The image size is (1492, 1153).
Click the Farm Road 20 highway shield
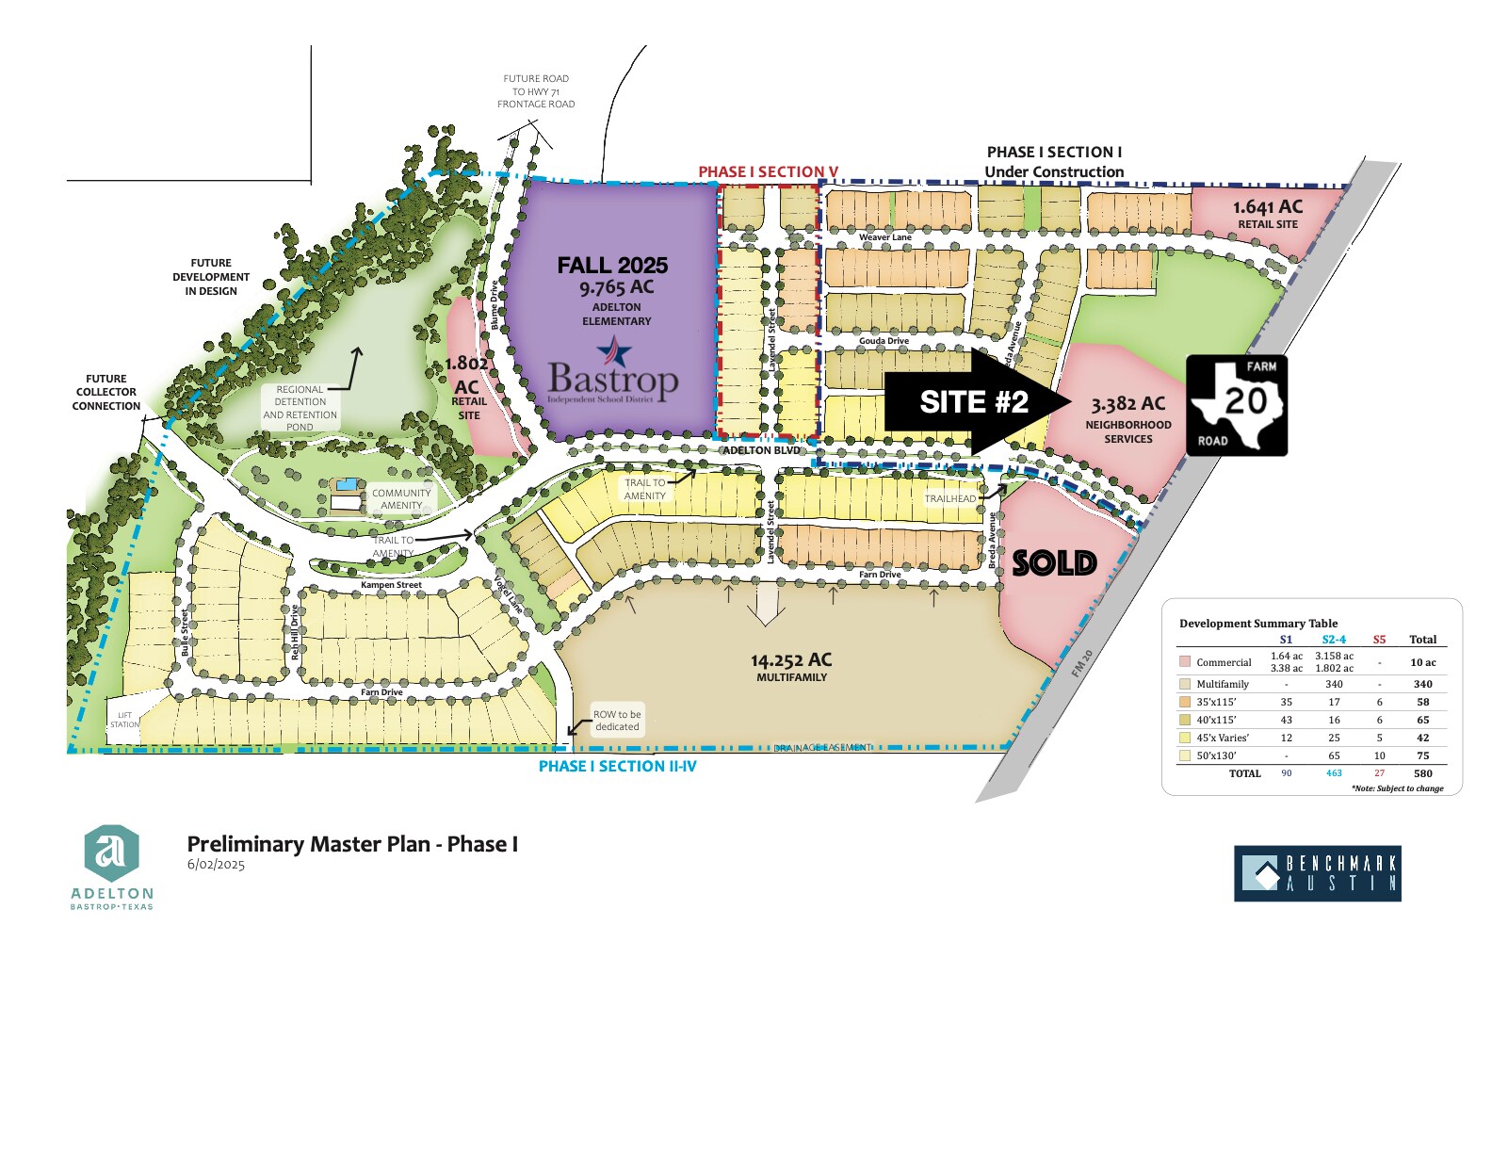point(1237,405)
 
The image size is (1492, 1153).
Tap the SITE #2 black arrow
point(975,402)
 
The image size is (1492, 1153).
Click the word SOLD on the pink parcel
point(1054,563)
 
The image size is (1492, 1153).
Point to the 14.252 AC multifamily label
point(791,666)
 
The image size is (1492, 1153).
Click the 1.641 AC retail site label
point(1268,213)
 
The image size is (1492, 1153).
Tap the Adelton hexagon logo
point(112,853)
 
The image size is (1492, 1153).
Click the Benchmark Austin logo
point(1317,873)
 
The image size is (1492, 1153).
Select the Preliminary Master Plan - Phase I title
point(352,844)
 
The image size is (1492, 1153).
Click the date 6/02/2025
point(216,865)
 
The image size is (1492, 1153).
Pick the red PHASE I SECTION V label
point(768,171)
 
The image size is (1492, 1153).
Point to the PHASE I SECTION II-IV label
point(617,767)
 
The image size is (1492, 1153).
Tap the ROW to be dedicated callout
point(617,721)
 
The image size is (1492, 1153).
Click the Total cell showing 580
point(1422,773)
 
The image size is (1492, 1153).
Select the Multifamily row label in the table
point(1223,685)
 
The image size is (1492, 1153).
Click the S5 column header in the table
point(1379,640)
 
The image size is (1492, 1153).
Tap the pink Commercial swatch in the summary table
point(1185,662)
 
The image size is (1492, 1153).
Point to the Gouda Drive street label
point(884,341)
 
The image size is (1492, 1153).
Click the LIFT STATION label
point(124,720)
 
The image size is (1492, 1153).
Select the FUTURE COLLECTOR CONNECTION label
point(106,392)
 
